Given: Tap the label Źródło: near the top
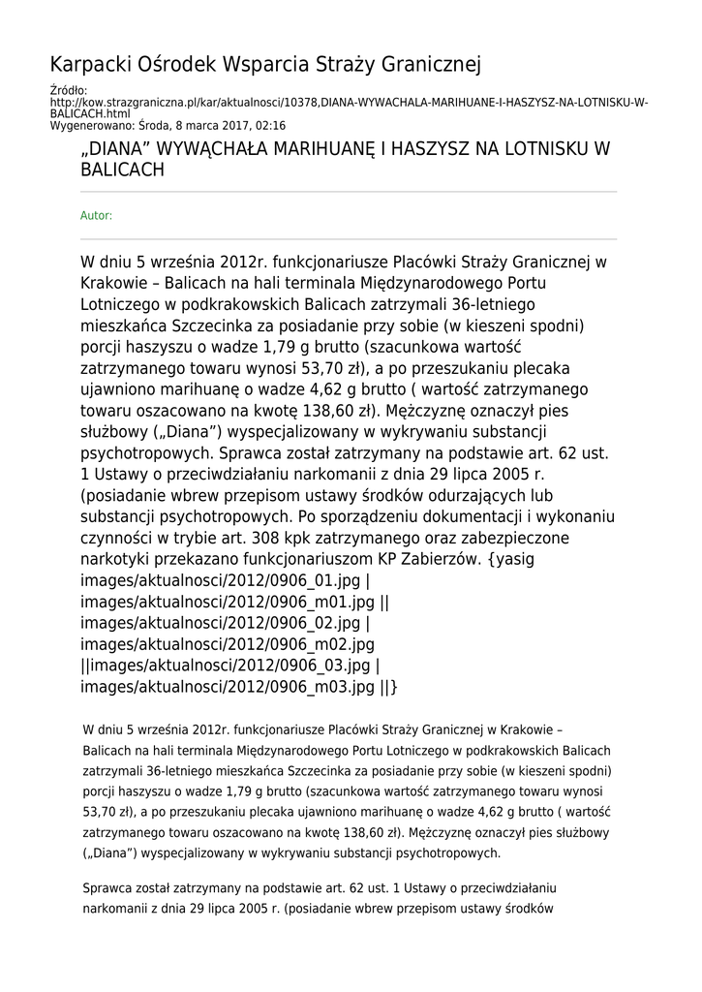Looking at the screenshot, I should pyautogui.click(x=68, y=91).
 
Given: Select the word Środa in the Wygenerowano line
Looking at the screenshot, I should pyautogui.click(x=155, y=126).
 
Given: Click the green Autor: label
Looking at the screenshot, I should pyautogui.click(x=96, y=216).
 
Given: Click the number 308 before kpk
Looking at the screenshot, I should pyautogui.click(x=267, y=538).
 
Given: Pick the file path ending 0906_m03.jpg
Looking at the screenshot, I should pyautogui.click(x=228, y=687).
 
